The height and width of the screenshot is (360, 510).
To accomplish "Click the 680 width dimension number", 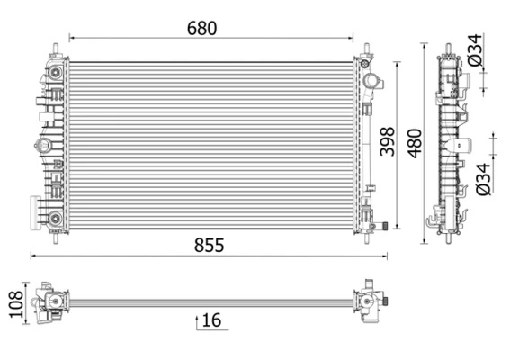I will (x=202, y=28).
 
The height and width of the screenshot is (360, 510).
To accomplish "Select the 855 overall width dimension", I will (x=206, y=245).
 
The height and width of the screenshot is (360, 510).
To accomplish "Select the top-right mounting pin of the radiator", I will (x=367, y=48).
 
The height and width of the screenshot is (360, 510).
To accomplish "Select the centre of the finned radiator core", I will (x=211, y=144).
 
